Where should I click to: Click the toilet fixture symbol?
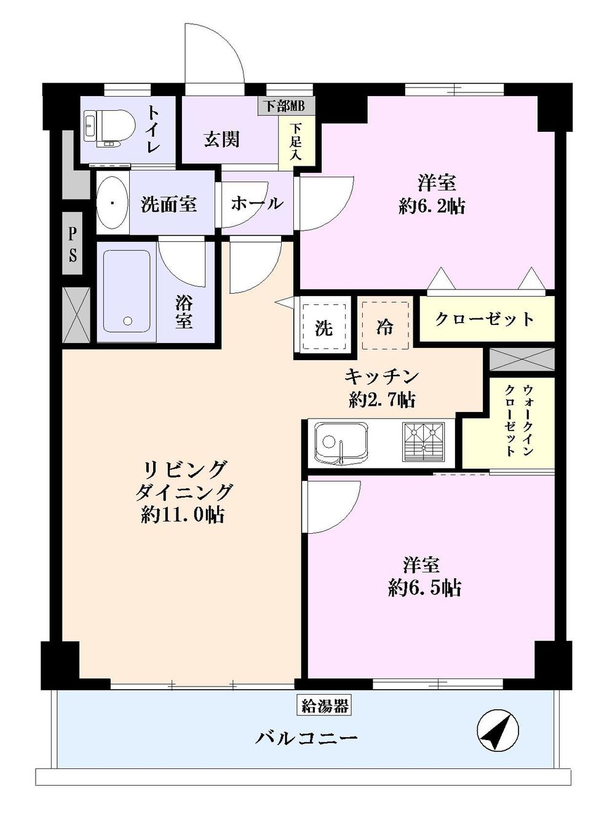coord(109,128)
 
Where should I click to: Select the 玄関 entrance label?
coord(221,139)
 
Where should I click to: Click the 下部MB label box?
coord(285,105)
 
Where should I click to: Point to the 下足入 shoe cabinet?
coord(296,142)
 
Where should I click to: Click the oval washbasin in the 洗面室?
coord(112,203)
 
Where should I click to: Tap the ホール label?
coord(256,203)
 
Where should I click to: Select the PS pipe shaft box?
coord(73,244)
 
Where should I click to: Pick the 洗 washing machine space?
coord(323,328)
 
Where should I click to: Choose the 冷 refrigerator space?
coord(385,326)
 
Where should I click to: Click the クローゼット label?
coord(485,319)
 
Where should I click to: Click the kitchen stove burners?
coord(424,442)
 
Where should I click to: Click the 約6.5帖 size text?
coord(425,588)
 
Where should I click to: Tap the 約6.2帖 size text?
coord(432,206)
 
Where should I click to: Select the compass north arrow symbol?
coord(498,730)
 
